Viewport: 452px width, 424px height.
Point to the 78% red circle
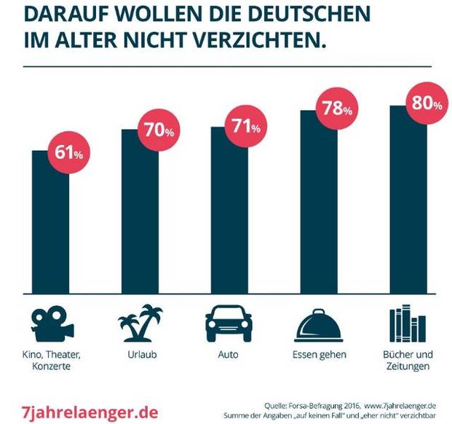(337, 109)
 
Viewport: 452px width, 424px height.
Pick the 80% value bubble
(427, 103)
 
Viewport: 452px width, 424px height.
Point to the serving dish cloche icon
(320, 324)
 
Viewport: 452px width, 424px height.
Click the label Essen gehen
(320, 355)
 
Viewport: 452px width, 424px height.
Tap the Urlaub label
(140, 355)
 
